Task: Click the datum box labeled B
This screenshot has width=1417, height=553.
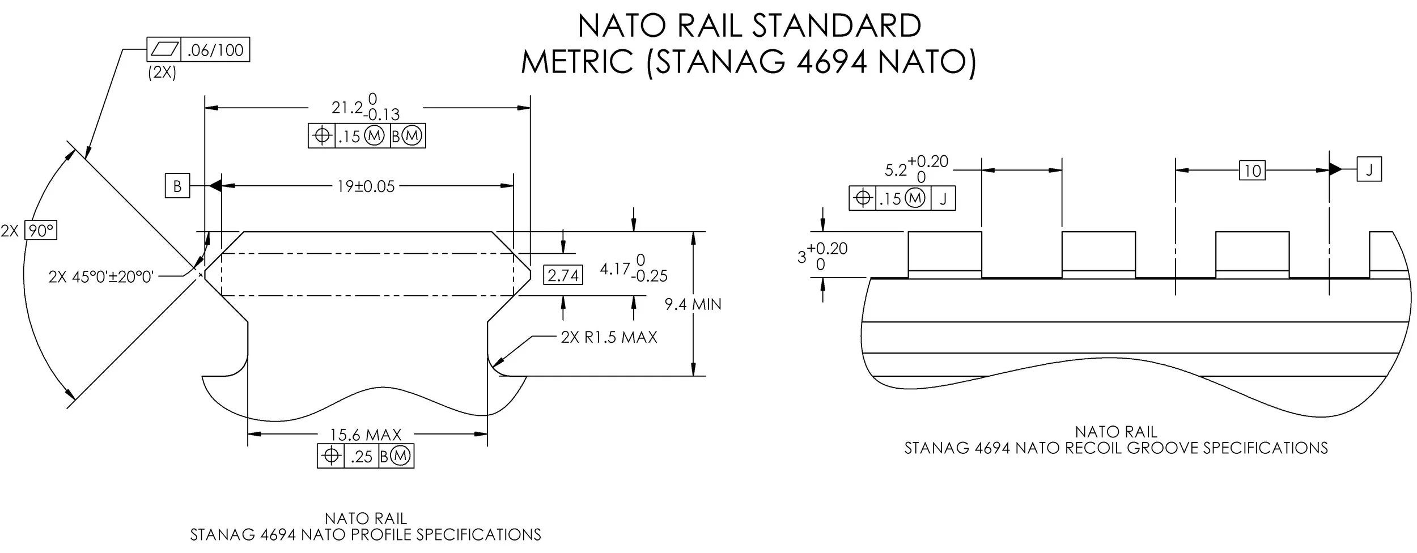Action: point(177,186)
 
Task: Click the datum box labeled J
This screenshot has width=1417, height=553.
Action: point(1369,169)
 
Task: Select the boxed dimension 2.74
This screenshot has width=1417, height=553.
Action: point(563,275)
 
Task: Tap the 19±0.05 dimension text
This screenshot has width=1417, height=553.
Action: point(366,186)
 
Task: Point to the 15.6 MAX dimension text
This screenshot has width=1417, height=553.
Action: point(366,435)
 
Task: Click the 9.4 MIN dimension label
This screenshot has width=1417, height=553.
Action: point(693,305)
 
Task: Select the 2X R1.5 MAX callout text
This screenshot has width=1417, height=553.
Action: point(609,338)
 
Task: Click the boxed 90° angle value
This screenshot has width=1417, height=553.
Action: point(41,231)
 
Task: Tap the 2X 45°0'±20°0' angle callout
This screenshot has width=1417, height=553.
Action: point(101,277)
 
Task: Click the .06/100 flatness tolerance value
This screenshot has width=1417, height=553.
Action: point(215,50)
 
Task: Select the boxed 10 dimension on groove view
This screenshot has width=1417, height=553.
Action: point(1252,170)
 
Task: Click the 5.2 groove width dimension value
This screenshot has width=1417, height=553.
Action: point(896,169)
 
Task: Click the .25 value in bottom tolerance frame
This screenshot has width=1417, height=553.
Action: point(361,457)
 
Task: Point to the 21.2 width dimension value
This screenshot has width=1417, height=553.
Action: point(346,108)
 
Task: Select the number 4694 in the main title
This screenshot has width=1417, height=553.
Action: point(831,62)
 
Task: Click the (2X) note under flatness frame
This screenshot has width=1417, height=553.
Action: point(162,73)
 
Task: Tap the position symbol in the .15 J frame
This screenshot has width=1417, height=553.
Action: point(863,198)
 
